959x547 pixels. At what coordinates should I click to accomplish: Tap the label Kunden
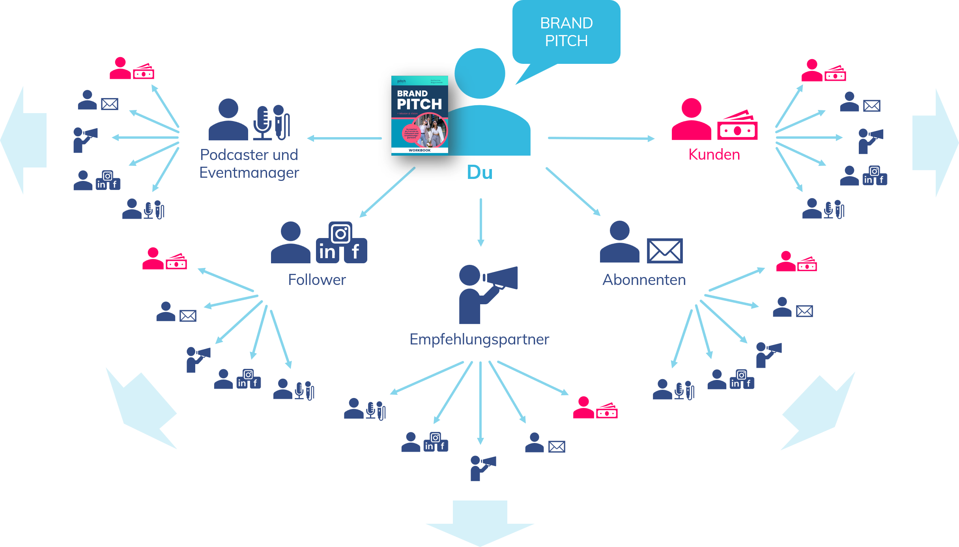[714, 154]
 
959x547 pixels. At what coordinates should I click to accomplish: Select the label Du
[480, 173]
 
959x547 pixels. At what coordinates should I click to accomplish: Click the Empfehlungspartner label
[479, 339]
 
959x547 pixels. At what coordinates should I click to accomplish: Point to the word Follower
[317, 280]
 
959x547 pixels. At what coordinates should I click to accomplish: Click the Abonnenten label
[644, 280]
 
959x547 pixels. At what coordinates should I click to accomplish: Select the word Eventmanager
[249, 173]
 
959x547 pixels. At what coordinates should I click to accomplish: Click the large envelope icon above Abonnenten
[665, 251]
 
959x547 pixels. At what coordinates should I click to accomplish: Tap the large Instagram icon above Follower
[340, 234]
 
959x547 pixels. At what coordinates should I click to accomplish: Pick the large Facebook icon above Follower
[355, 251]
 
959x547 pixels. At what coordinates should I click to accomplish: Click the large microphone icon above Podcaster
[262, 122]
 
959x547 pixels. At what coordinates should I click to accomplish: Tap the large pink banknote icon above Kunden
[737, 127]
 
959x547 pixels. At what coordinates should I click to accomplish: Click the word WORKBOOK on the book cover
[419, 151]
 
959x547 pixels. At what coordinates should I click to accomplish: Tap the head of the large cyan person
[480, 74]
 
